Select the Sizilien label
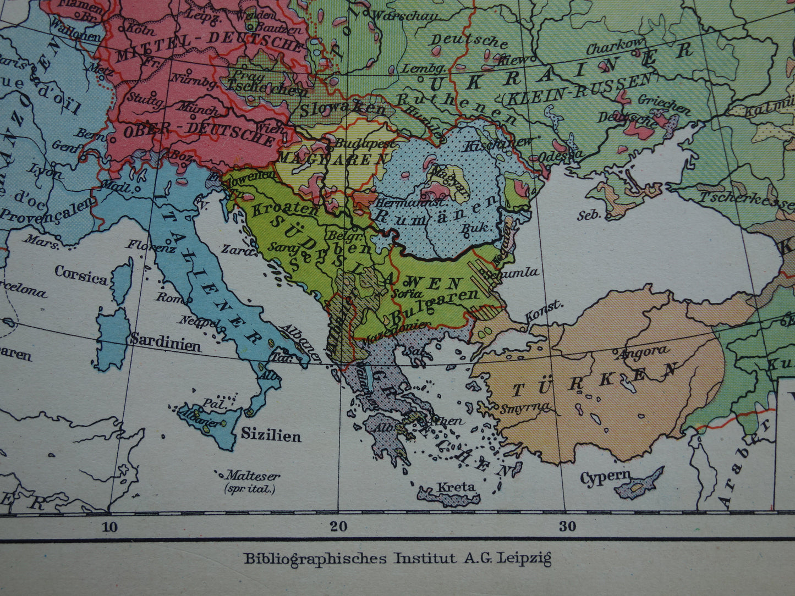coord(271,436)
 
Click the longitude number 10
coord(109,527)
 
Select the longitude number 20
coord(338,527)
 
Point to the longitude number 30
coord(568,526)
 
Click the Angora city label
coord(645,351)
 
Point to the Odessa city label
coord(560,155)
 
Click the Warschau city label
coord(404,16)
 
